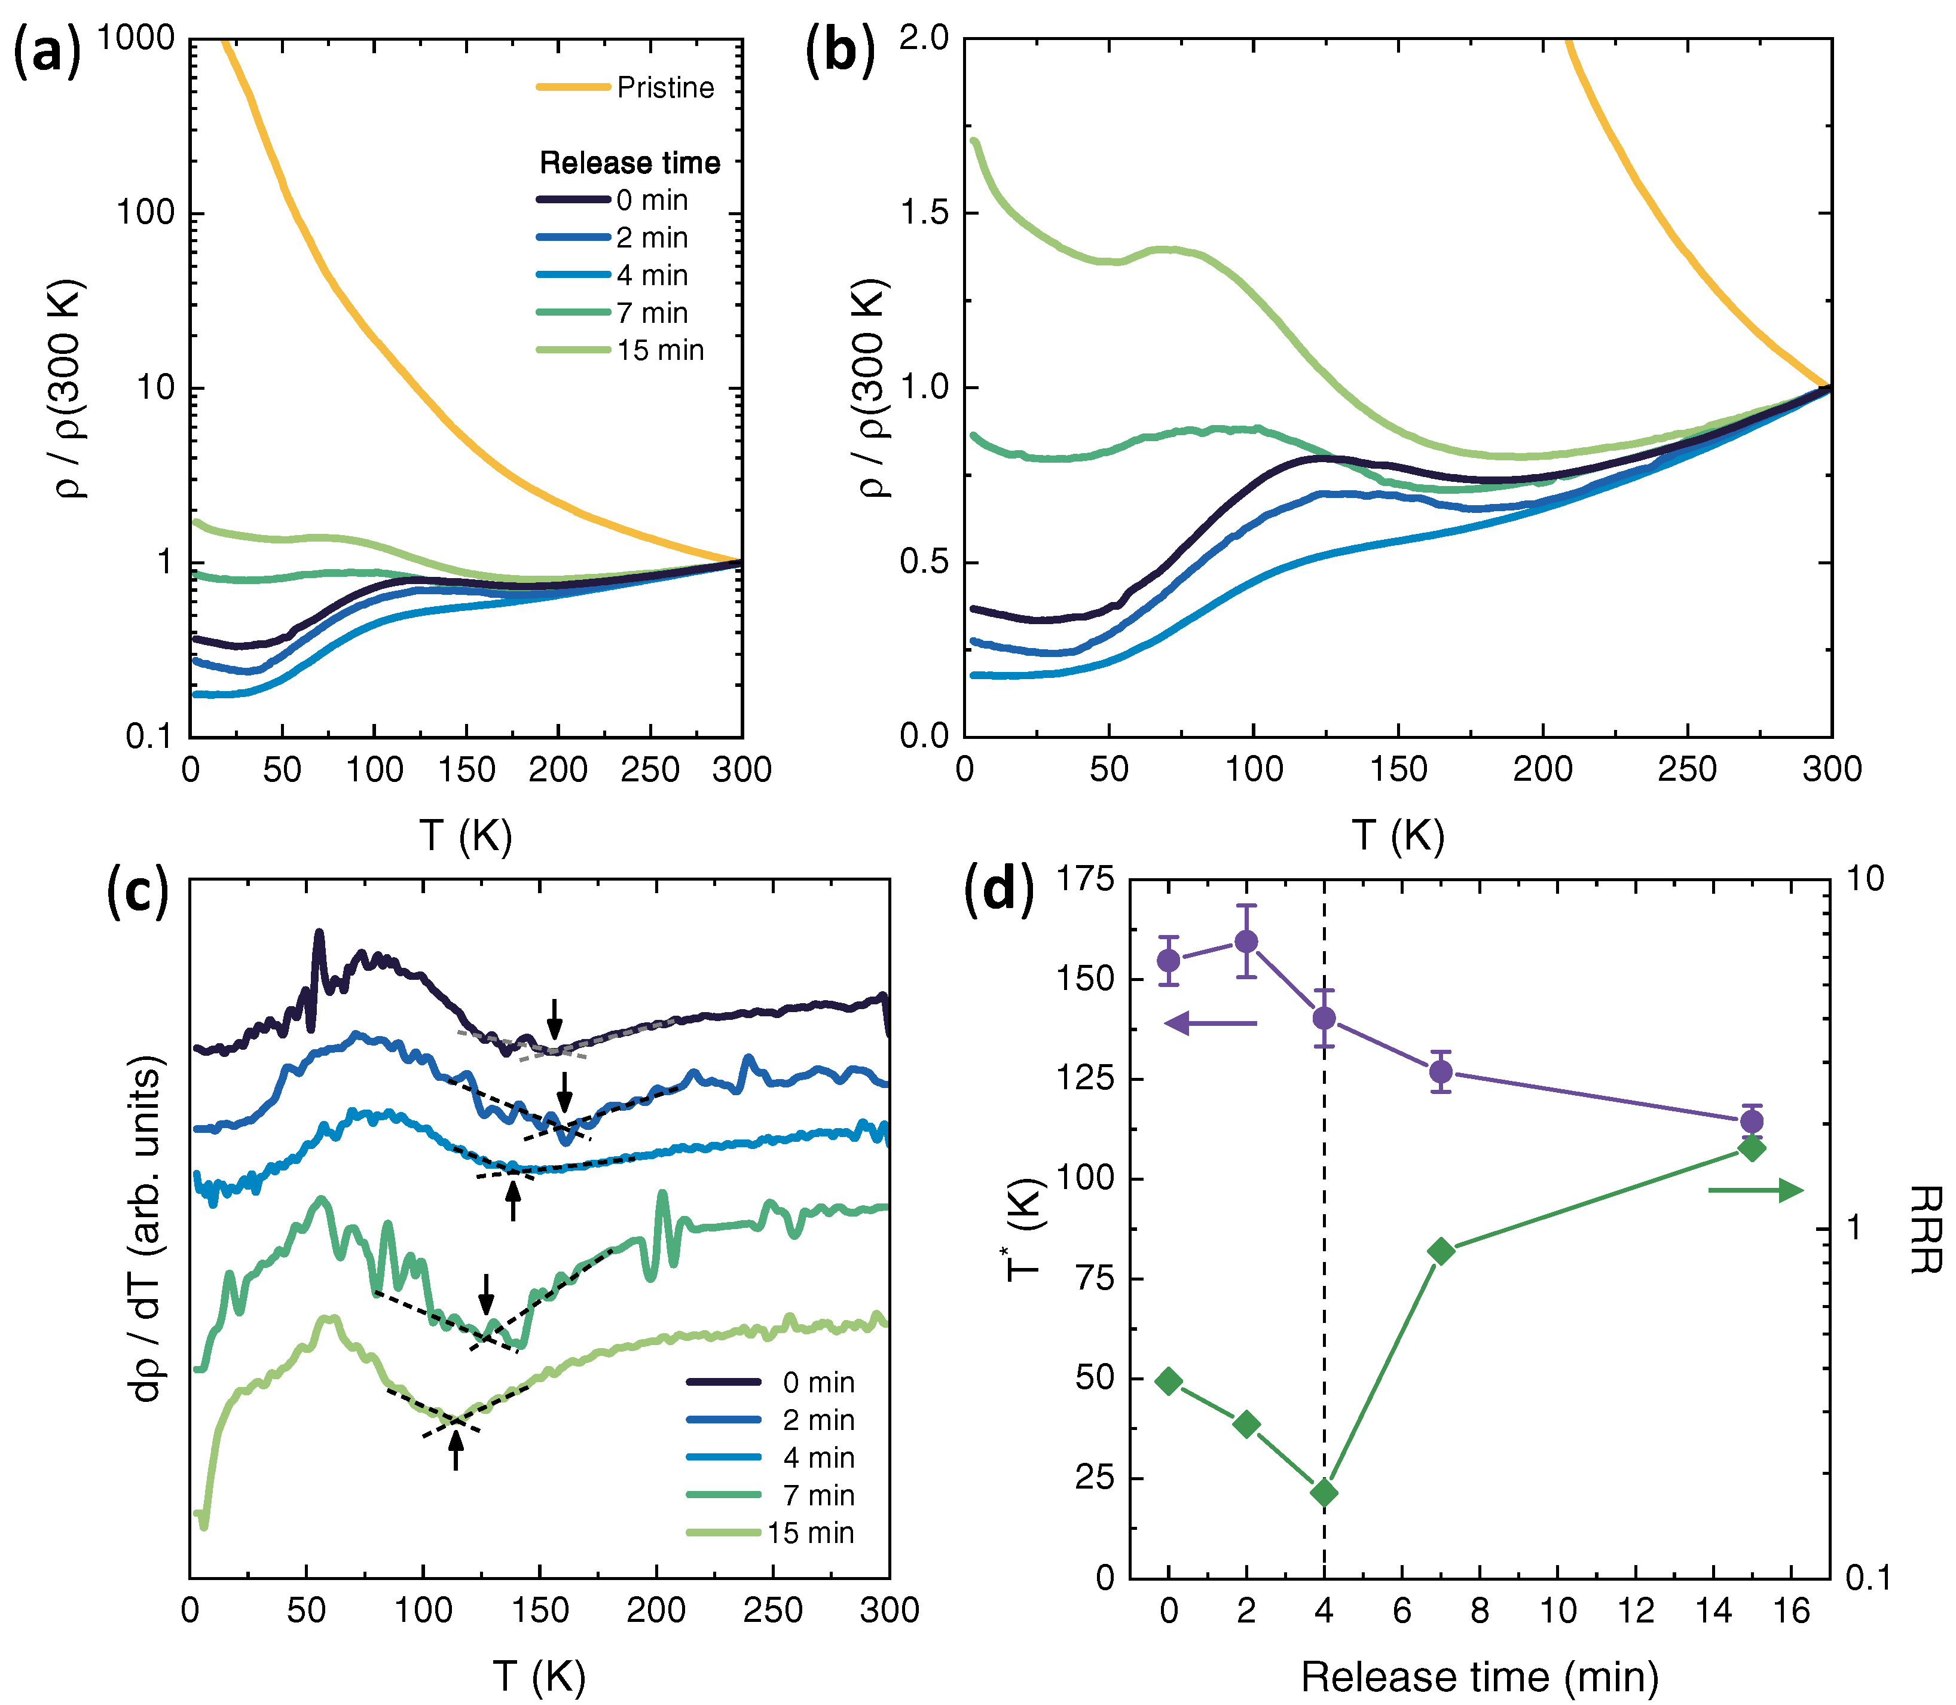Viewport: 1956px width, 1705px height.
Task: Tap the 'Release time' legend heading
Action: (x=630, y=163)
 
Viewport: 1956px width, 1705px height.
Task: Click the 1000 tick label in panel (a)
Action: (x=136, y=38)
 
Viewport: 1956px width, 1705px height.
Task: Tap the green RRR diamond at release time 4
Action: (x=1324, y=1493)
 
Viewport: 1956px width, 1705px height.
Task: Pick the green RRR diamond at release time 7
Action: (x=1441, y=1252)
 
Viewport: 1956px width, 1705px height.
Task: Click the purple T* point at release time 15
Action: (x=1752, y=1121)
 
